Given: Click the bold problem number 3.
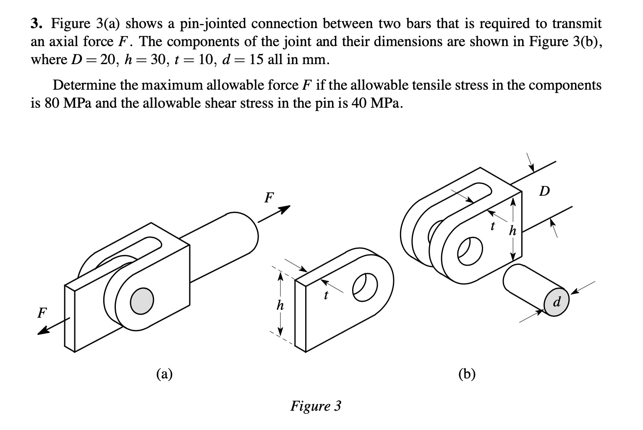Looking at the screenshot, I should click(x=36, y=24).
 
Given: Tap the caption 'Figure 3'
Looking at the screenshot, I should click(x=316, y=406).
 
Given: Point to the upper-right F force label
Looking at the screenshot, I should click(x=269, y=197).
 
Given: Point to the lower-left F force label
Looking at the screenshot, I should click(x=42, y=313).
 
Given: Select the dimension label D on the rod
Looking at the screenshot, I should click(x=544, y=192).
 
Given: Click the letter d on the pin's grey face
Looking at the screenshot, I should click(x=557, y=302).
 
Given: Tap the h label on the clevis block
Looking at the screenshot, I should click(x=512, y=230).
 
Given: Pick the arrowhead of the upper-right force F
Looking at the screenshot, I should click(x=286, y=208).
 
